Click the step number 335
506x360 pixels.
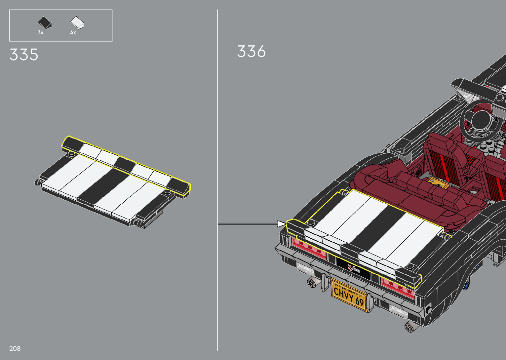click(24, 55)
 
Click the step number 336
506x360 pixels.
click(251, 51)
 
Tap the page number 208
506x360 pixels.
click(15, 348)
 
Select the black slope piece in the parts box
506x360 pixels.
click(45, 23)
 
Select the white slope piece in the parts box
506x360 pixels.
click(77, 23)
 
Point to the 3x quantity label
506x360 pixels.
click(40, 33)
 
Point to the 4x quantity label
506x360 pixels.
click(73, 33)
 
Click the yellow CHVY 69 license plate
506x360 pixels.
click(349, 295)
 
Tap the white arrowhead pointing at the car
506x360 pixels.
click(282, 224)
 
